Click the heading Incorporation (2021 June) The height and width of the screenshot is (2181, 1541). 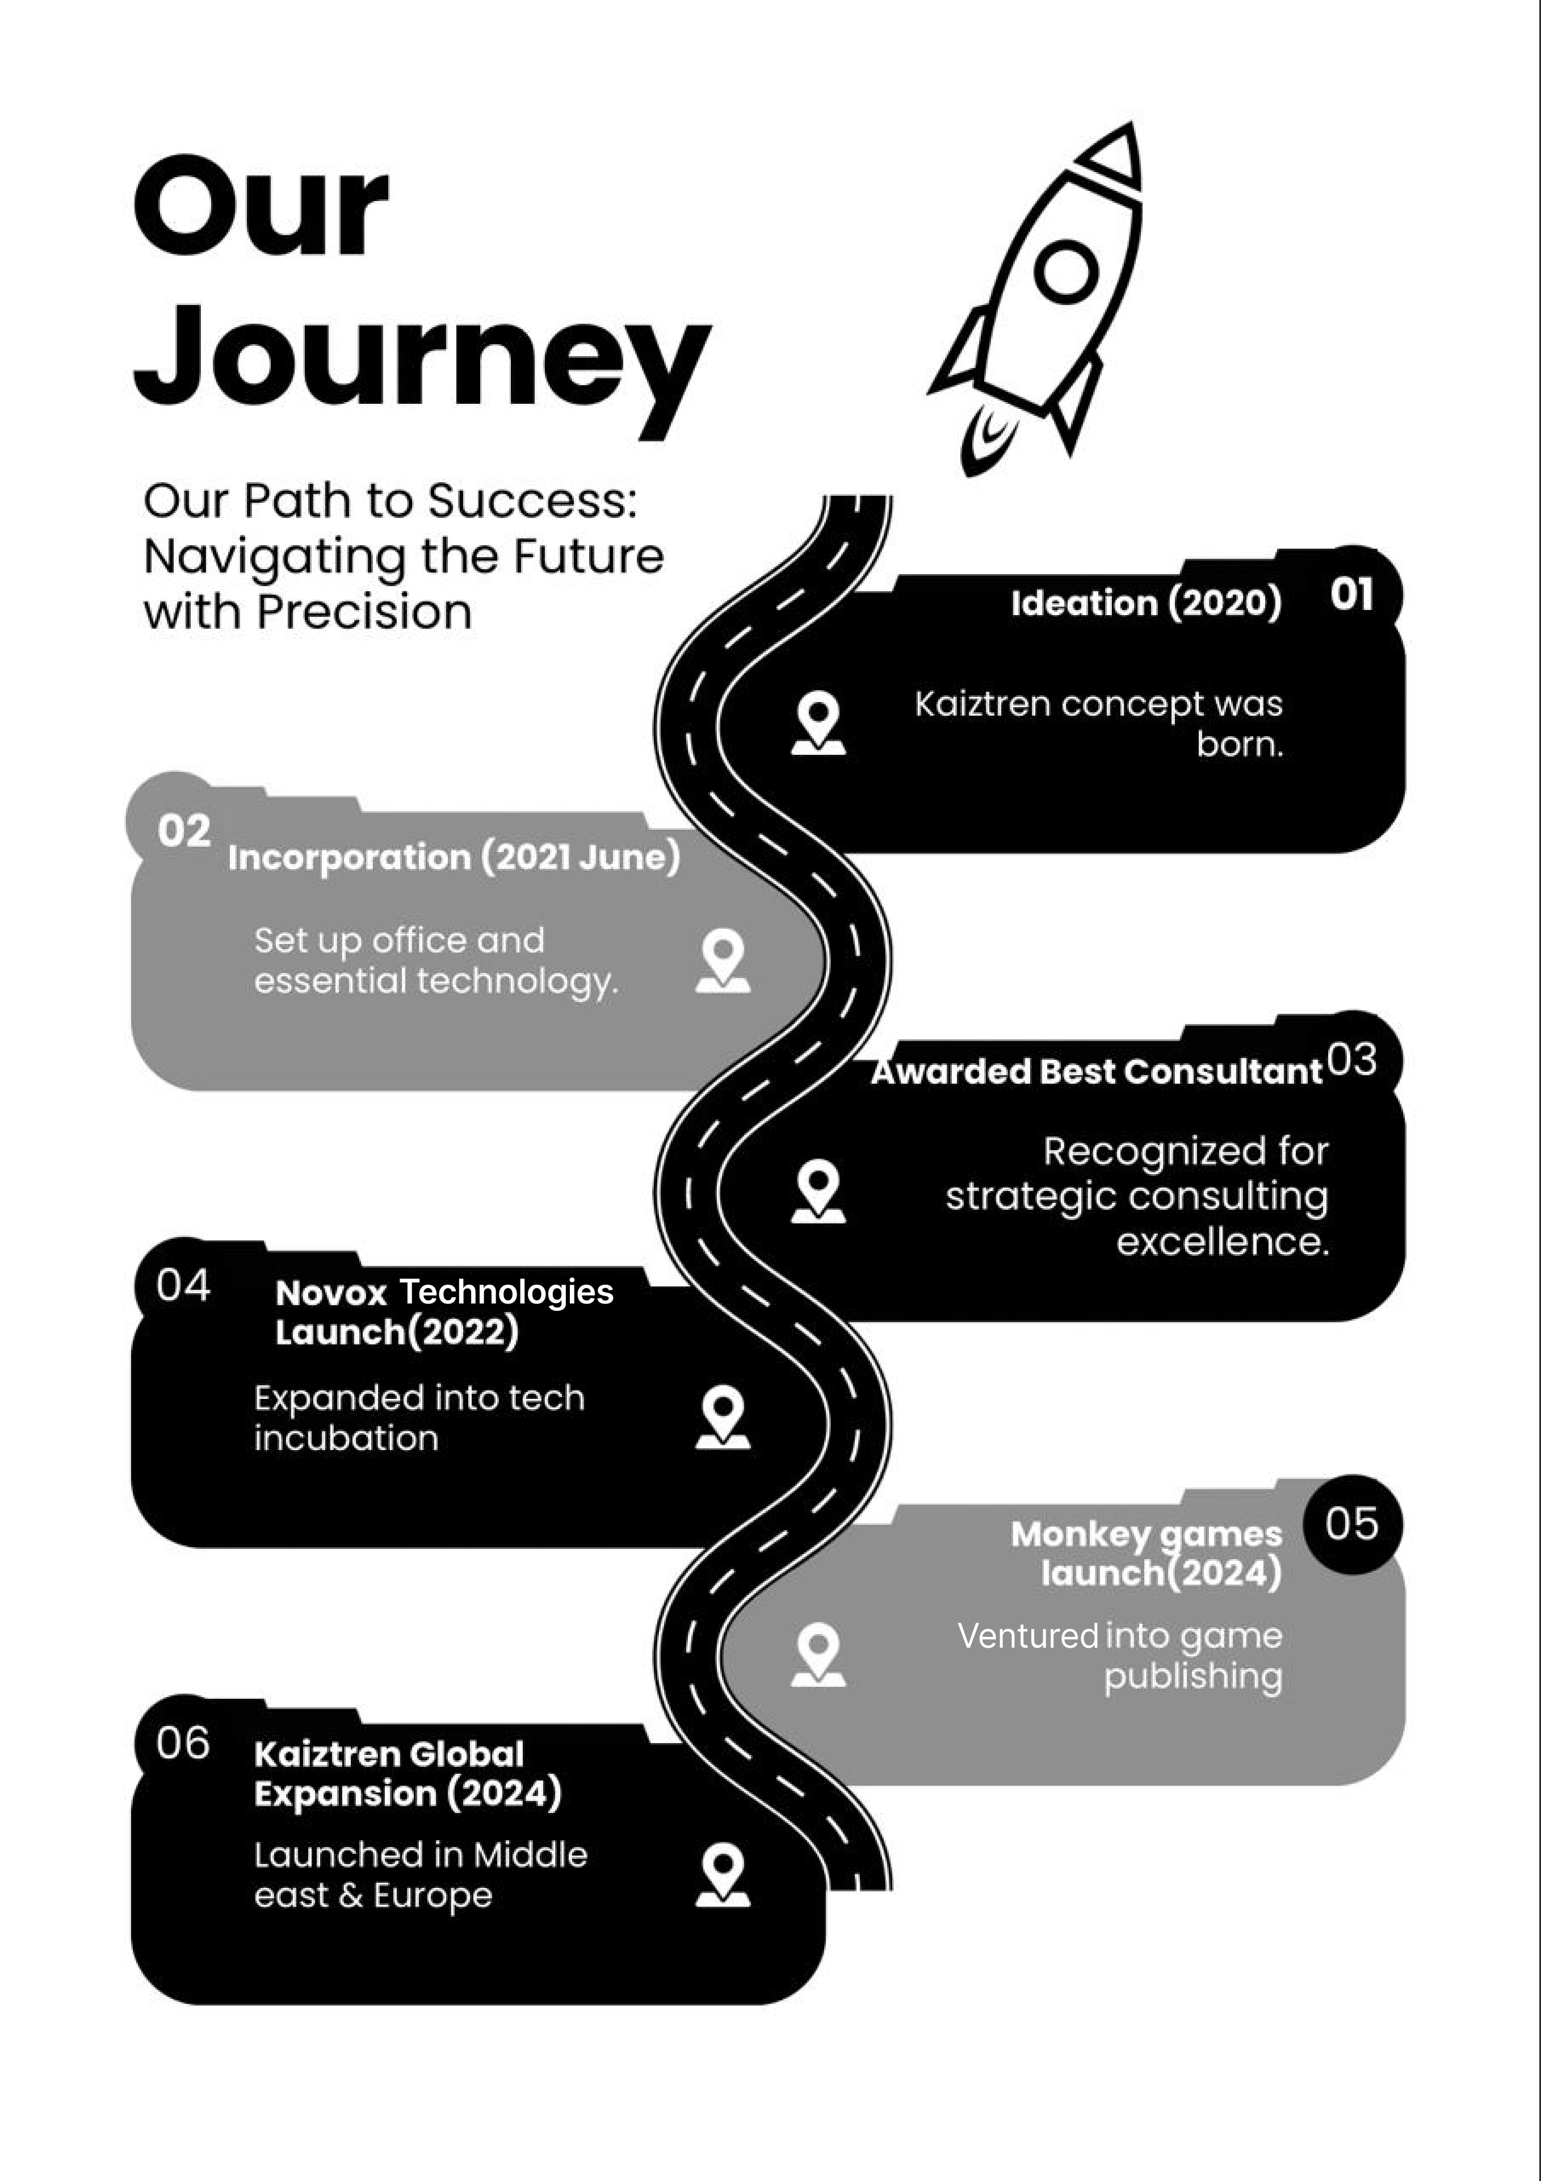click(454, 857)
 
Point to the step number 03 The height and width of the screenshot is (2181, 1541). click(1351, 1059)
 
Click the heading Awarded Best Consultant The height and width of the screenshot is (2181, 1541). click(1097, 1072)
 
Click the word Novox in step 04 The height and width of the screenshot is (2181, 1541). click(330, 1293)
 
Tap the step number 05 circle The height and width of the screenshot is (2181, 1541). click(1351, 1524)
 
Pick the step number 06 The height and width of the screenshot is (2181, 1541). click(183, 1743)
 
